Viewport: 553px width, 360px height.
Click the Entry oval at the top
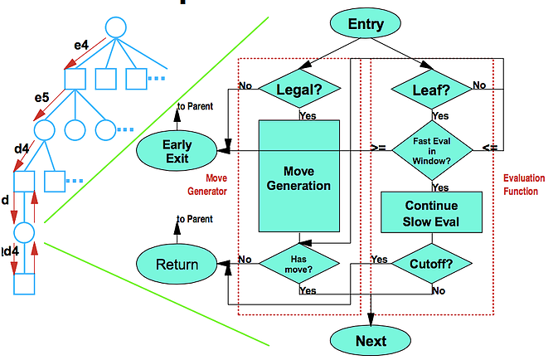pos(366,24)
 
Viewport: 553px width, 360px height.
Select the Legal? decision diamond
pos(299,86)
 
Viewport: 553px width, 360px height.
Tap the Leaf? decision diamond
pos(431,86)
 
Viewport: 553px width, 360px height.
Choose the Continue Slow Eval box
pos(431,213)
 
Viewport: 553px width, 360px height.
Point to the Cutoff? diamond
pos(431,264)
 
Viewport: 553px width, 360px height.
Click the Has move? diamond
pos(299,264)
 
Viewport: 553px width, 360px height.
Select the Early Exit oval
pos(177,151)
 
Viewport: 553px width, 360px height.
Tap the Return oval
pos(177,265)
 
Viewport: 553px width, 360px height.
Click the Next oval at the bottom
pos(371,340)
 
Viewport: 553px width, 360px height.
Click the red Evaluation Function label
pos(521,184)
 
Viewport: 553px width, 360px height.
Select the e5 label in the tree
pos(41,98)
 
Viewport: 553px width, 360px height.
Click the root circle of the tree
pos(115,27)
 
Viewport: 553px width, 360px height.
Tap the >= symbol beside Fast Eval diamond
pos(378,147)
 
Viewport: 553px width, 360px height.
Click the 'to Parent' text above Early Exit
pos(194,107)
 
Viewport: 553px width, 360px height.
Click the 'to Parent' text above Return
pos(194,220)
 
